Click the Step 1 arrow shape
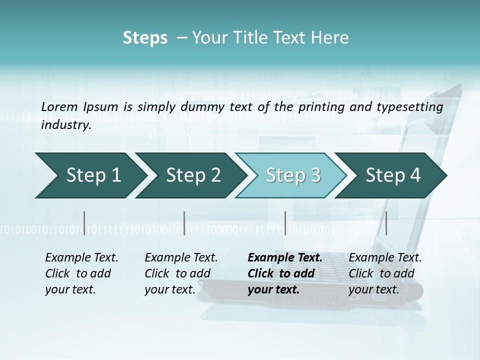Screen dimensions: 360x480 point(90,175)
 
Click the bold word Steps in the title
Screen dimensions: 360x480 point(145,38)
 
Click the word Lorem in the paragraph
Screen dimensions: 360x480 point(59,106)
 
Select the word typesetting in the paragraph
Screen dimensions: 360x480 point(414,106)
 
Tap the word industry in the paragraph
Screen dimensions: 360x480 point(66,124)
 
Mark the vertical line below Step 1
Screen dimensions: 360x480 point(84,223)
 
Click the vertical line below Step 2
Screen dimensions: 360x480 point(184,223)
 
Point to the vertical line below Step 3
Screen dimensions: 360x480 point(285,223)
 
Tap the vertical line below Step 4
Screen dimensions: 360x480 point(386,223)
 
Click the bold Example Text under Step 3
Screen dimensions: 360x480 point(285,258)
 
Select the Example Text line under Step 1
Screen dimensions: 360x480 point(81,258)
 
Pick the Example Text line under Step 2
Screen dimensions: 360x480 point(181,258)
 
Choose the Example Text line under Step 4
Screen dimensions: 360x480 point(385,258)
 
